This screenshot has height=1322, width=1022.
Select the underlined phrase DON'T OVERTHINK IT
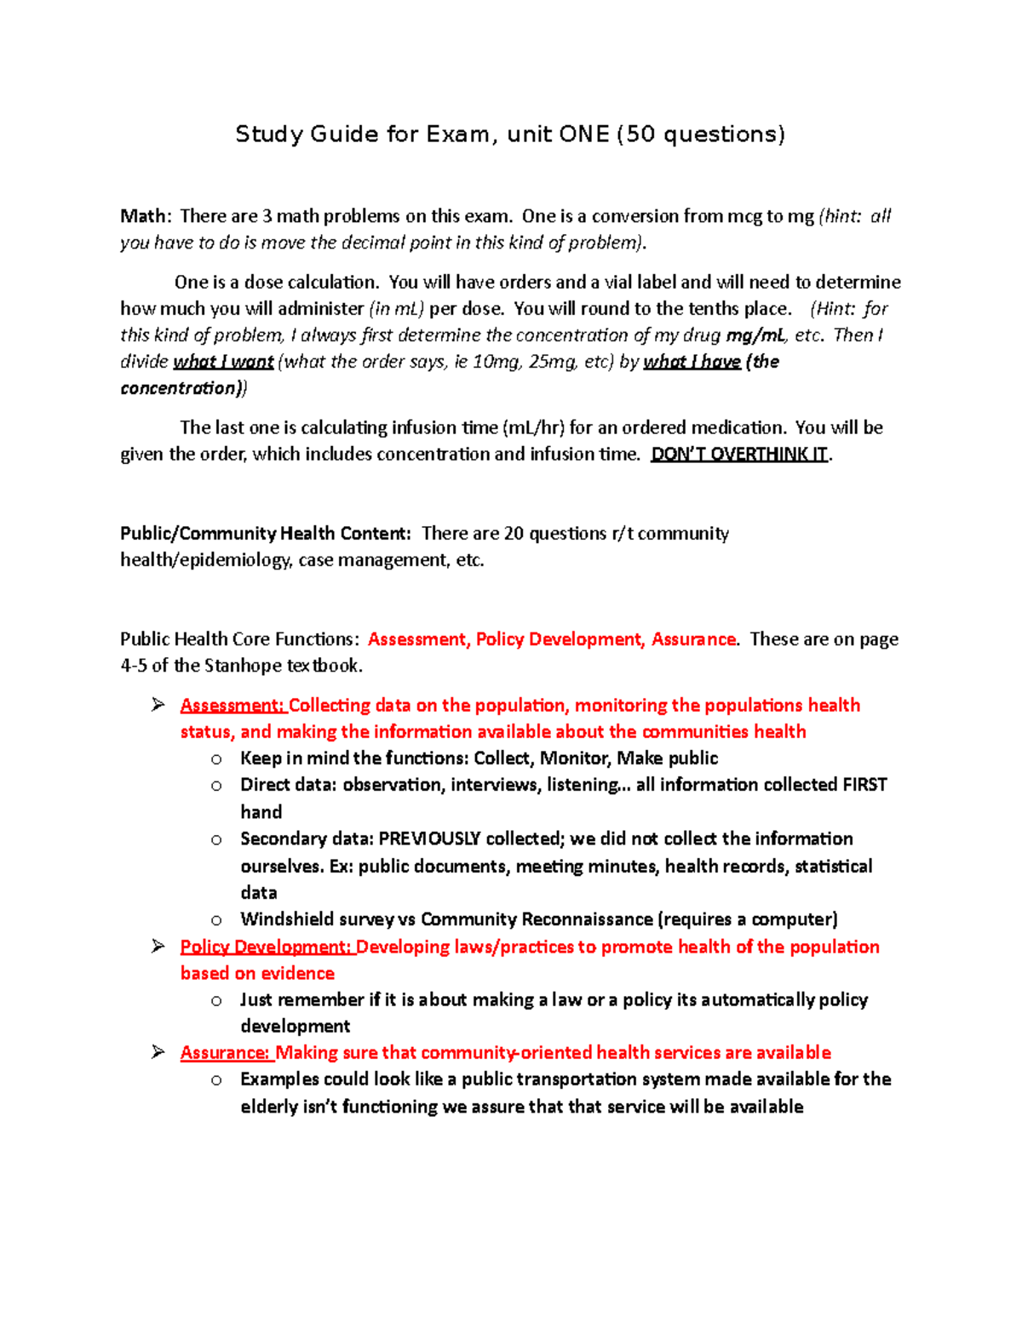pyautogui.click(x=739, y=455)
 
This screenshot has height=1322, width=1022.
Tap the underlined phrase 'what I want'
pyautogui.click(x=223, y=362)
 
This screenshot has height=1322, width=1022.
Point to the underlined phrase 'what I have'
pyautogui.click(x=692, y=362)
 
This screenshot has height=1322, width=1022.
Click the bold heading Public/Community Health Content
pyautogui.click(x=265, y=534)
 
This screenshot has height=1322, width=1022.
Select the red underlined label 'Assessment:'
pyautogui.click(x=233, y=706)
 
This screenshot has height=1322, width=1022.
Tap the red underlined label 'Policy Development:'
pyautogui.click(x=267, y=947)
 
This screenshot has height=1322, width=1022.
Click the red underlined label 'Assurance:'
pyautogui.click(x=226, y=1053)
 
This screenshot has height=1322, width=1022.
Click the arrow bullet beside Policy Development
pyautogui.click(x=158, y=947)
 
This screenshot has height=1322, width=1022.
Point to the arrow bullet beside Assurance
pyautogui.click(x=158, y=1052)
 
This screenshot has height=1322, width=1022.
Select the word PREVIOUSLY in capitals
pyautogui.click(x=429, y=839)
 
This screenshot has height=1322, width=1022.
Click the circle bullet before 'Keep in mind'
pyautogui.click(x=217, y=759)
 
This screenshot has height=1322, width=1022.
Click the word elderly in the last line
pyautogui.click(x=269, y=1107)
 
